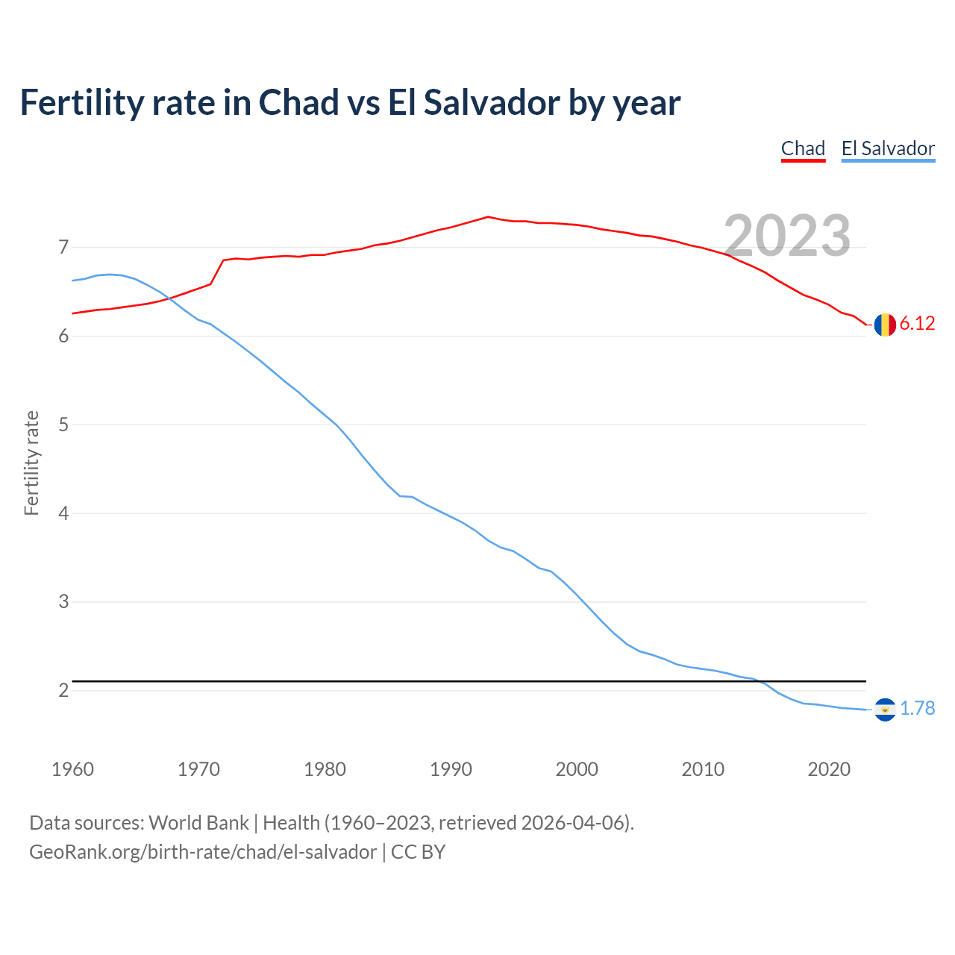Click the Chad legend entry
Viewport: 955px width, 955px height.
(803, 148)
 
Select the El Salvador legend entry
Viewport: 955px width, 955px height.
(888, 148)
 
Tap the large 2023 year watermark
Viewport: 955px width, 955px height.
(787, 235)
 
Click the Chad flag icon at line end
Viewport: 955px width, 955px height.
(885, 325)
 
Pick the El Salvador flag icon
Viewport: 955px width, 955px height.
(885, 710)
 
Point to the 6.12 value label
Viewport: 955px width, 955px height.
(917, 324)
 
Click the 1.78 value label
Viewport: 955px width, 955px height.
(917, 709)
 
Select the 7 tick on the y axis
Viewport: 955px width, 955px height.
(63, 247)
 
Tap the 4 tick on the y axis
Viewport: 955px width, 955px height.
(63, 513)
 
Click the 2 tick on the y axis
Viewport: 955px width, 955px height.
(63, 691)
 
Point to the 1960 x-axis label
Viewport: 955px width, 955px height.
(72, 769)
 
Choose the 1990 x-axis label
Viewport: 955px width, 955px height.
(451, 769)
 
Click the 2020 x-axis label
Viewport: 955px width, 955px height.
(829, 769)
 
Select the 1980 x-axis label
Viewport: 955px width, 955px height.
(325, 769)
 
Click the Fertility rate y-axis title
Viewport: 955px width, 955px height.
(31, 463)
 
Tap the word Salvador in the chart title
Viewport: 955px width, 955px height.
(492, 103)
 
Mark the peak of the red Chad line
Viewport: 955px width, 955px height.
(488, 217)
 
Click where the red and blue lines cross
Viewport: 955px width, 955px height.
(169, 298)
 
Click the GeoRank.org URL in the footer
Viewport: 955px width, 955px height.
(203, 852)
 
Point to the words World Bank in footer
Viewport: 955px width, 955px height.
(198, 823)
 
